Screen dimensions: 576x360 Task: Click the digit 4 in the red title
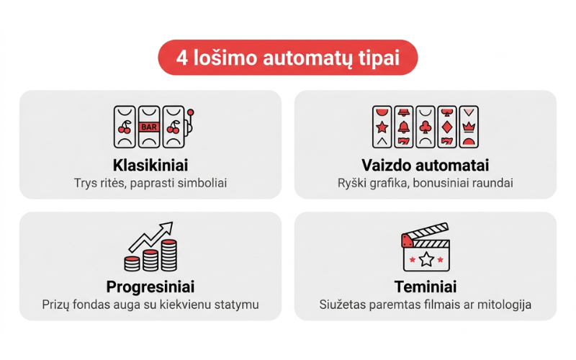[182, 58]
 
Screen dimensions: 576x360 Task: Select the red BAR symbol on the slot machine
[149, 127]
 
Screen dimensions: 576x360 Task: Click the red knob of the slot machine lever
[190, 112]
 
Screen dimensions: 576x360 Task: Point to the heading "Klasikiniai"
[150, 165]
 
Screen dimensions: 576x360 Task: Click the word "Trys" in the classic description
[86, 184]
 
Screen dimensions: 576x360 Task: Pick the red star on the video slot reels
[382, 127]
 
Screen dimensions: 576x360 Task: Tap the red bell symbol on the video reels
[404, 127]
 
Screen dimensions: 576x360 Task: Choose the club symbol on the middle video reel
[426, 127]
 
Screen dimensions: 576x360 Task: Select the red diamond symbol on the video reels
[447, 127]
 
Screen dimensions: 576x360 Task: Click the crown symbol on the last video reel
[469, 127]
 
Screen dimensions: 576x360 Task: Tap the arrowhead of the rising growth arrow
[167, 226]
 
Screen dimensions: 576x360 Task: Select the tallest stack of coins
[169, 255]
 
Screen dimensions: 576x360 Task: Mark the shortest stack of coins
[132, 264]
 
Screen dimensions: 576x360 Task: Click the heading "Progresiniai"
[150, 287]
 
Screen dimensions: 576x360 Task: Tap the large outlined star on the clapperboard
[426, 259]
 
